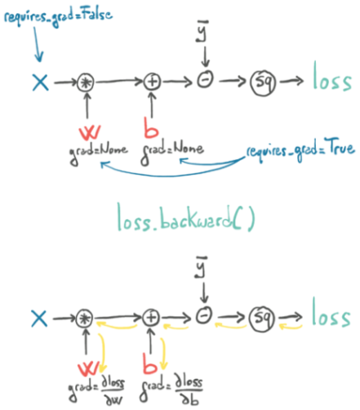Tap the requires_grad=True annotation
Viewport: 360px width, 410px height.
coord(300,149)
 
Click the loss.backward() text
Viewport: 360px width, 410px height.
coord(186,218)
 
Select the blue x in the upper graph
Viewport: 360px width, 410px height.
coord(41,82)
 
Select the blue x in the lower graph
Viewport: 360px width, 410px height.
coord(39,319)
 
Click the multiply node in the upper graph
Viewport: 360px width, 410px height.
coord(86,82)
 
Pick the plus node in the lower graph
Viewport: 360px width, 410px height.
coord(151,318)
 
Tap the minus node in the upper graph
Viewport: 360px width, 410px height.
coord(206,80)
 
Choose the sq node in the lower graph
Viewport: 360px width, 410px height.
coord(262,319)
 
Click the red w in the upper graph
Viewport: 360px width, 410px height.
coord(90,132)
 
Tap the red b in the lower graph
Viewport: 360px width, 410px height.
coord(150,363)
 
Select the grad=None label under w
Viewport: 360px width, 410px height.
coord(98,154)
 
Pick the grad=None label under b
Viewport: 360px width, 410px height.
coord(172,153)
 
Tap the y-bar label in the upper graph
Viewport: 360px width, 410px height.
coord(202,31)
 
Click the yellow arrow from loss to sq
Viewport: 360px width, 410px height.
coord(291,326)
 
